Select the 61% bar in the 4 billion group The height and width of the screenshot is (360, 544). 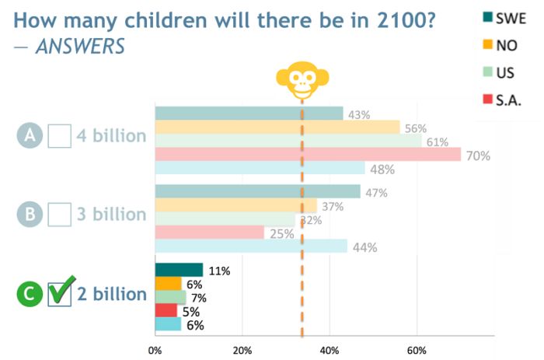[288, 141]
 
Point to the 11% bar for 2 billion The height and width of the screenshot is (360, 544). [179, 270]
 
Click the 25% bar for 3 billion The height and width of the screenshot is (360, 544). [210, 232]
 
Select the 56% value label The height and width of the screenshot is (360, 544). [415, 128]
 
